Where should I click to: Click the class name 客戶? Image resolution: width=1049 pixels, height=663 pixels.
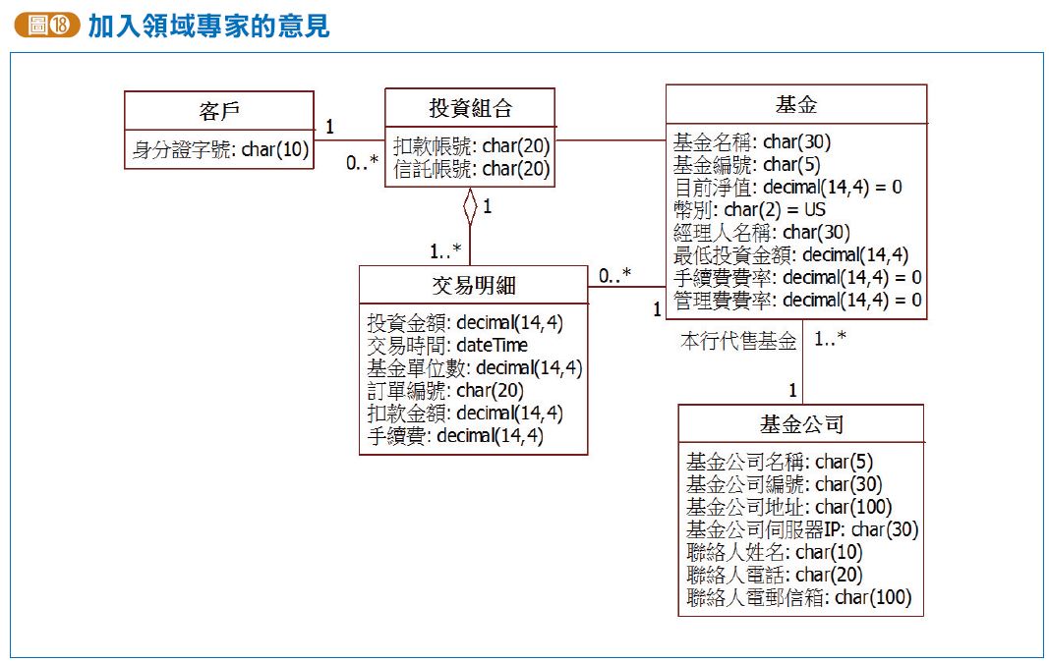(218, 109)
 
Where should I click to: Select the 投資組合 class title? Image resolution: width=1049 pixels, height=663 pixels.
(470, 107)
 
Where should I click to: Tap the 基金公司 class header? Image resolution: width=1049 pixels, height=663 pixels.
(801, 424)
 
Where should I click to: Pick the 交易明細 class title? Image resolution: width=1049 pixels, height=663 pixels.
(474, 285)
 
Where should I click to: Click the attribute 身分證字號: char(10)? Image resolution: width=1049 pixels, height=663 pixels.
(220, 149)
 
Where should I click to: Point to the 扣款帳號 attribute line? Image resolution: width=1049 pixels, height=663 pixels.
(471, 146)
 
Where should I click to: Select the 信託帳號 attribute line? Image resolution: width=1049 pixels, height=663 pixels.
(471, 169)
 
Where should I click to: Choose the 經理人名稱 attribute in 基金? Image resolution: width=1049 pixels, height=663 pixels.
(761, 232)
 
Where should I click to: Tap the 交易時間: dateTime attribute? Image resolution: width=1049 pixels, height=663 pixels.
(447, 345)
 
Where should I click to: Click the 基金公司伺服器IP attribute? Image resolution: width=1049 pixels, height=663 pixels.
(802, 529)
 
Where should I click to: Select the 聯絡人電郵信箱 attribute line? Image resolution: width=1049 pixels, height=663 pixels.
(798, 597)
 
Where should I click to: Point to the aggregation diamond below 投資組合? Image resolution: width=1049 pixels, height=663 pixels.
(470, 206)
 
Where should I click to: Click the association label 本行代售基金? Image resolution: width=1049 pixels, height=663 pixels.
(738, 341)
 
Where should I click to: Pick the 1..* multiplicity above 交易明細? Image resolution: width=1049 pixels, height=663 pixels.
(444, 249)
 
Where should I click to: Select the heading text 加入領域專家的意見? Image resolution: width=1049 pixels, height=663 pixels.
(208, 26)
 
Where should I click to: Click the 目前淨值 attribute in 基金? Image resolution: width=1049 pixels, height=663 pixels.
(787, 187)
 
